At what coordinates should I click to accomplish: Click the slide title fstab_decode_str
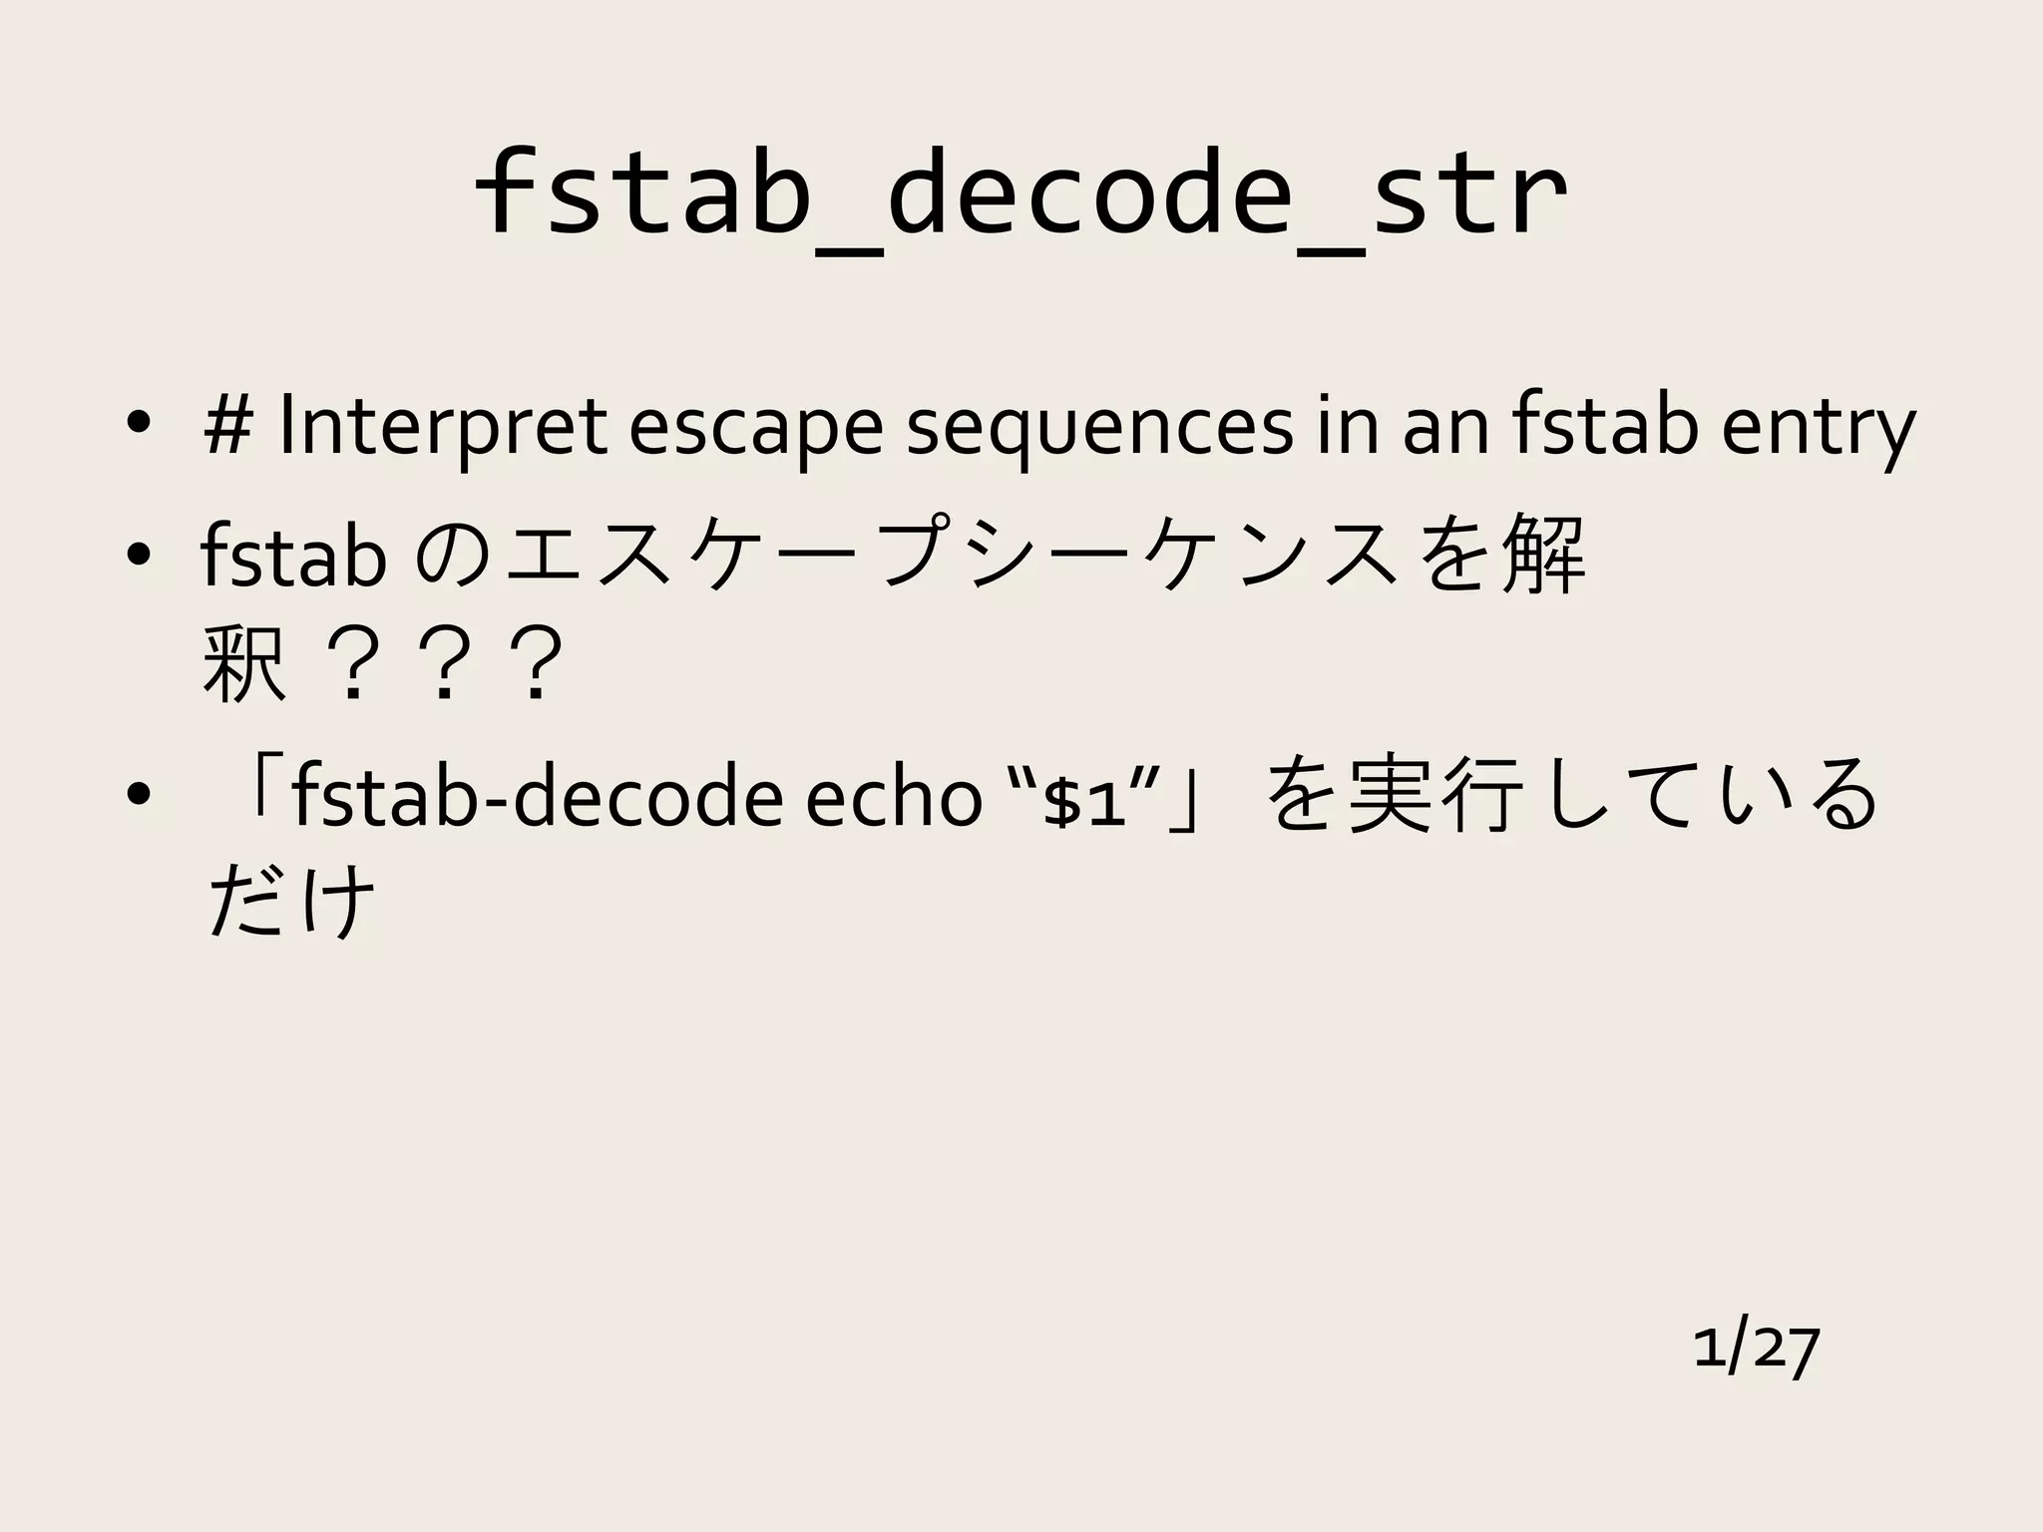[1020, 194]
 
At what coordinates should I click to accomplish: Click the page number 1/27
[1756, 1348]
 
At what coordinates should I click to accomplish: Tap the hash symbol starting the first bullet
[228, 427]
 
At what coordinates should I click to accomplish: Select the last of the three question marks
[536, 662]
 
